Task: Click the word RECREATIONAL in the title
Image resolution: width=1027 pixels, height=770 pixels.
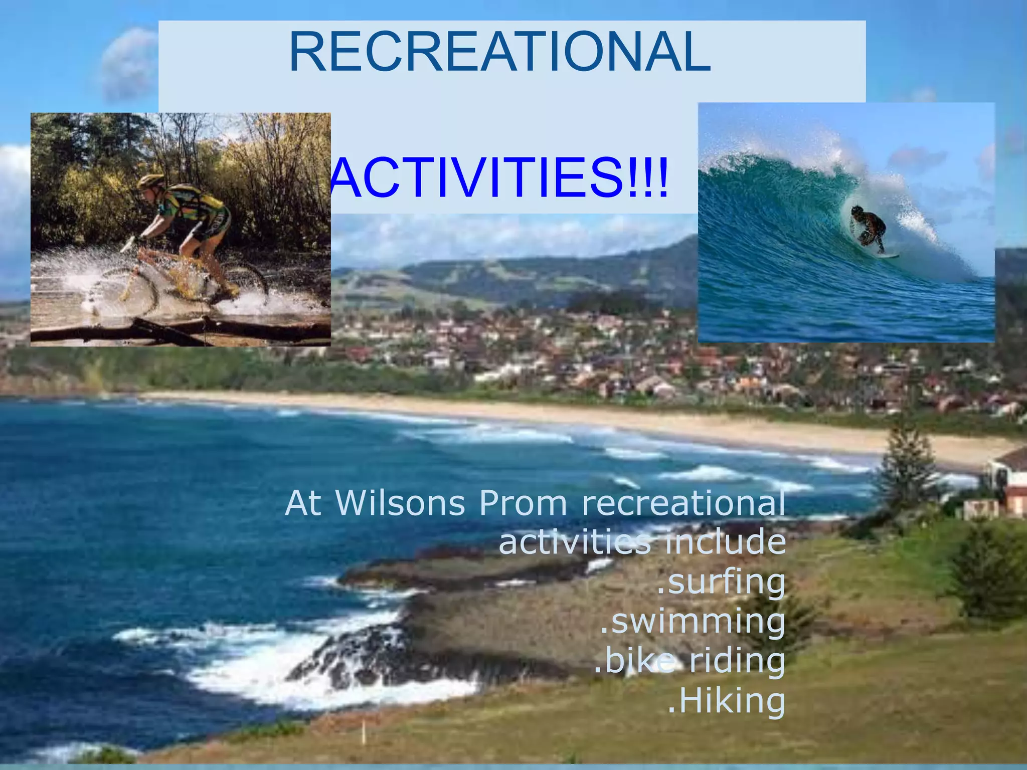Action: coord(499,52)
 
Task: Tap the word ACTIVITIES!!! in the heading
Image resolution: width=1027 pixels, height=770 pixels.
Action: coord(499,178)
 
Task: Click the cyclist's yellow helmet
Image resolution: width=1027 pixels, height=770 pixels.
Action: coord(151,180)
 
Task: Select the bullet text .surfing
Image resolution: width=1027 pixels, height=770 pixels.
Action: coord(721,583)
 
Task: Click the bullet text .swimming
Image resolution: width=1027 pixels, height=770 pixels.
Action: coord(693,622)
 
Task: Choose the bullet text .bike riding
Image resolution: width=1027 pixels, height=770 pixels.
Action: coord(690,661)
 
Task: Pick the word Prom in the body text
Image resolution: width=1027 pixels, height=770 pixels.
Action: coord(523,503)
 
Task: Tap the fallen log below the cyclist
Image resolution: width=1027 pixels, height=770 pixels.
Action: coord(181,331)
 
